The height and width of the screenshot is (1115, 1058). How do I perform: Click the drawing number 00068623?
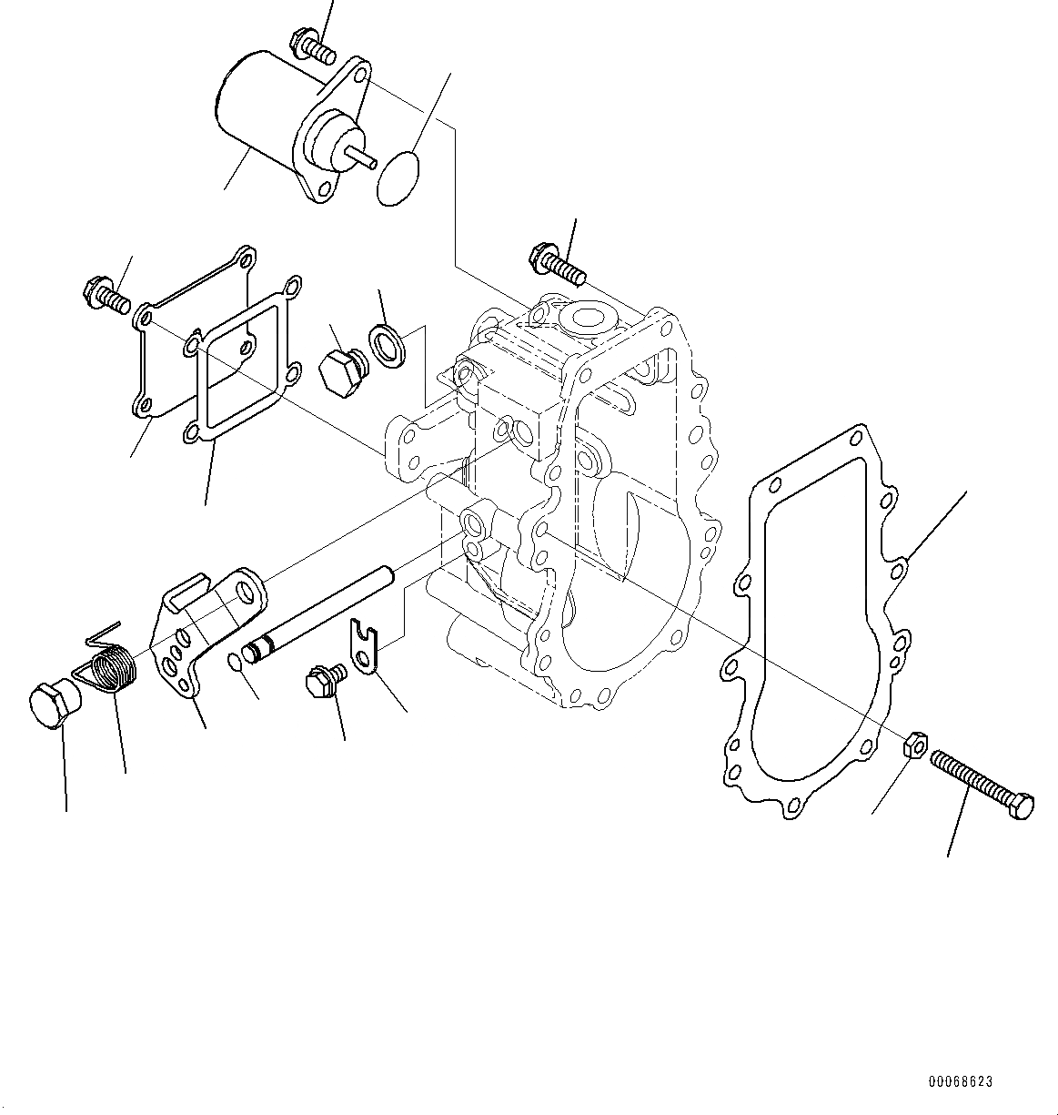pyautogui.click(x=960, y=1082)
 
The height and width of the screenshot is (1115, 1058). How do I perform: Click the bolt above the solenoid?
pyautogui.click(x=308, y=45)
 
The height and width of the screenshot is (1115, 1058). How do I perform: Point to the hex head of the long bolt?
pyautogui.click(x=1023, y=807)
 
